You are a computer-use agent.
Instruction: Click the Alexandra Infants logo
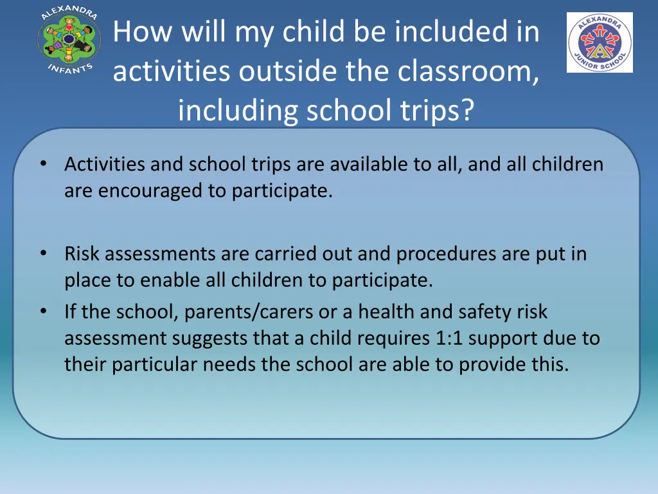(x=69, y=40)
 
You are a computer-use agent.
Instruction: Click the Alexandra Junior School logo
(x=600, y=42)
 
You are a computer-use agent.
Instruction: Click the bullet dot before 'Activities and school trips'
(x=42, y=164)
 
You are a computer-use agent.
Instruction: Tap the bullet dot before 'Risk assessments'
(x=42, y=253)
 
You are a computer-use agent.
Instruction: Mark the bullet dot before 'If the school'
(x=42, y=311)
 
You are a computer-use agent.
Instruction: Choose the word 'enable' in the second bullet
(x=161, y=281)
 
